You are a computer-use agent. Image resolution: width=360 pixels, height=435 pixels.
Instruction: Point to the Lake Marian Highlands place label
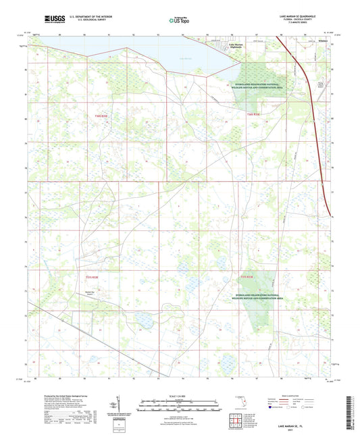231,46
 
